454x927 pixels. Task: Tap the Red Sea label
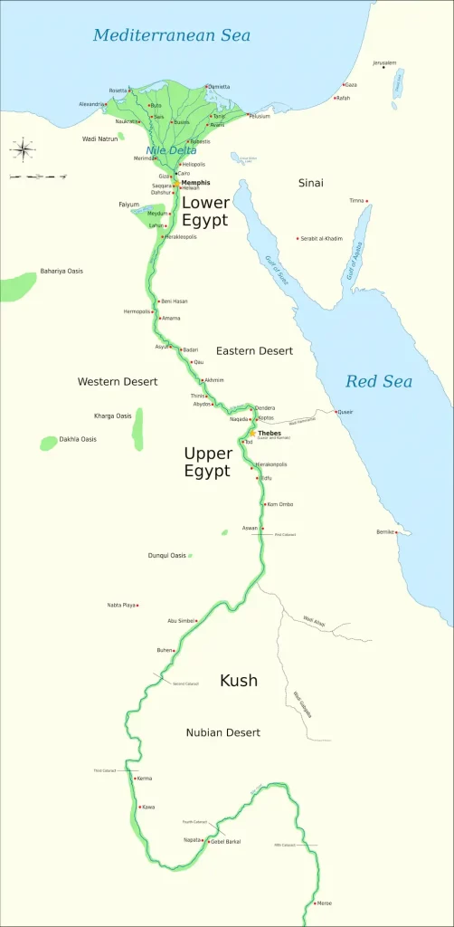coord(378,381)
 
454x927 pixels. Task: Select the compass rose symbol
coord(22,148)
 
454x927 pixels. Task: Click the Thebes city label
coord(270,434)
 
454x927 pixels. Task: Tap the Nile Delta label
coord(166,149)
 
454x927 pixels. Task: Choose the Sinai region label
coord(310,183)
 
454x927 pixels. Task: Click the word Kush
coord(238,680)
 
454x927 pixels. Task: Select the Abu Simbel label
coord(181,621)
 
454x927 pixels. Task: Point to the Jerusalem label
coord(384,62)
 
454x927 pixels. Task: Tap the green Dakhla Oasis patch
coord(48,443)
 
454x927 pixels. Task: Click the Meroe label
coord(324,903)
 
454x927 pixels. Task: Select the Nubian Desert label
coord(223,731)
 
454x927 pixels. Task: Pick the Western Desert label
coord(118,381)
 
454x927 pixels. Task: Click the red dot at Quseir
coord(336,413)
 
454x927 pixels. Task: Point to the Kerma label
coord(144,779)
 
